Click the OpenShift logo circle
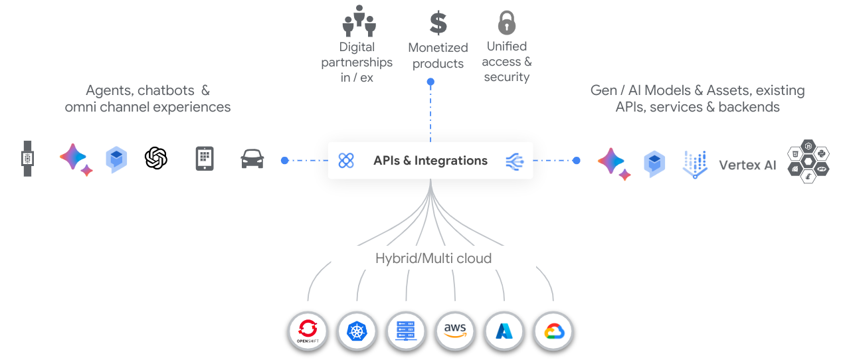pos(308,331)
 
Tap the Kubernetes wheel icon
pos(357,331)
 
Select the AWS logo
pos(455,330)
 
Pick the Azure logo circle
pos(504,331)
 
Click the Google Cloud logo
pos(554,331)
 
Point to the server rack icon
pos(406,331)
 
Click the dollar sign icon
pos(438,23)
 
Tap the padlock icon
pos(507,23)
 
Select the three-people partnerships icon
pos(359,21)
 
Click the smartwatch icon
pos(27,159)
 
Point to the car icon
pos(252,159)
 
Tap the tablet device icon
pos(205,159)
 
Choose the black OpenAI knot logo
pos(156,158)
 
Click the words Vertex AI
pos(747,165)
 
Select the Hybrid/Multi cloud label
pos(433,258)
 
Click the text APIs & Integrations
pos(430,160)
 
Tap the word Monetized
pos(438,48)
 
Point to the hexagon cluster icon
pos(808,161)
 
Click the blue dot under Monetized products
pos(430,82)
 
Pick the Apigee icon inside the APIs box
pos(346,160)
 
